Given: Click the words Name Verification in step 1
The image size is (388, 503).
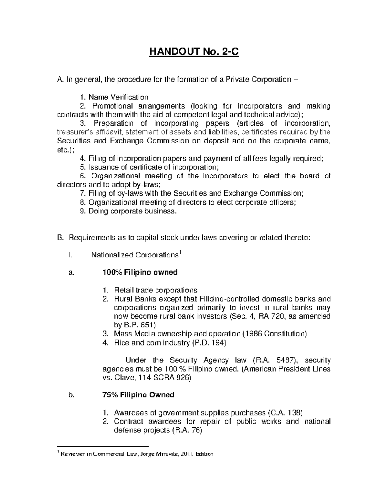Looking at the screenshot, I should coord(118,97).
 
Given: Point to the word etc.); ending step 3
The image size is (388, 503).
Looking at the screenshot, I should coord(65,150).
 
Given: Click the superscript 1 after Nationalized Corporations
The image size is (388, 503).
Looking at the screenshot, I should coord(180,252).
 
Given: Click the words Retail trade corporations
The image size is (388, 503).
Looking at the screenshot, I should coord(156,290).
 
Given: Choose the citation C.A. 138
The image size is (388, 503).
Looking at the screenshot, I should coord(285,413).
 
